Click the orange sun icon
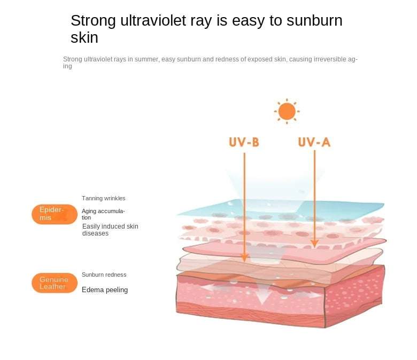tap(287, 111)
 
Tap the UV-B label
tap(244, 142)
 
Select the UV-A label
tap(314, 142)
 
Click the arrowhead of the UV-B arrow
tap(244, 257)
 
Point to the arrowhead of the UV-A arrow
tap(314, 244)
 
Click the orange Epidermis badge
tap(55, 214)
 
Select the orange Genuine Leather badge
tap(55, 283)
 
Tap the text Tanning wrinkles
tap(104, 199)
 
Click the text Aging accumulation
tap(103, 214)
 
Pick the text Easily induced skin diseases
tap(110, 230)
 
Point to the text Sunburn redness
tap(104, 275)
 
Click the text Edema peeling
tap(105, 290)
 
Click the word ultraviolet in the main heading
tap(153, 20)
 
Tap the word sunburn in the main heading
tap(314, 20)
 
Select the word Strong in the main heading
tap(93, 21)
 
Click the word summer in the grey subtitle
tap(146, 59)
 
